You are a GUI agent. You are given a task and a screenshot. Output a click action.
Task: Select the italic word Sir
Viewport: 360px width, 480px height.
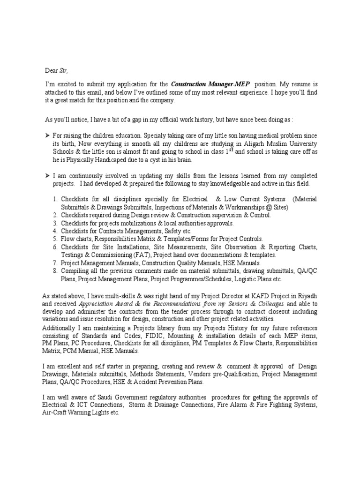point(63,71)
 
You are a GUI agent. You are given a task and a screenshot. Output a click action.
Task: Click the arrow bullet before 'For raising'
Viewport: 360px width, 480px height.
point(46,135)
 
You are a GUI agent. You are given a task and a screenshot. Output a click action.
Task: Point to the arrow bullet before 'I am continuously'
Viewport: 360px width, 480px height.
point(46,175)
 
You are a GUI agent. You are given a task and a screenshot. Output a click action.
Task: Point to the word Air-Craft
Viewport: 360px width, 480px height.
point(57,413)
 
